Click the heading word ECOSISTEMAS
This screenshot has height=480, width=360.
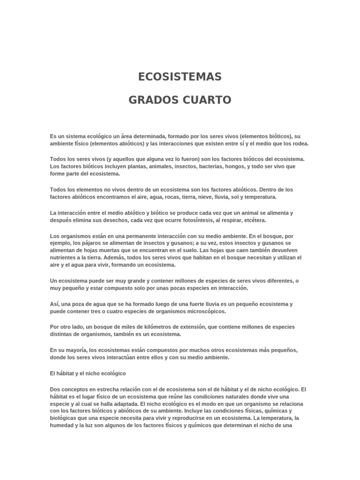click(180, 77)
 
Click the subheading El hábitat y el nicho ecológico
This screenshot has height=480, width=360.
click(88, 373)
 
